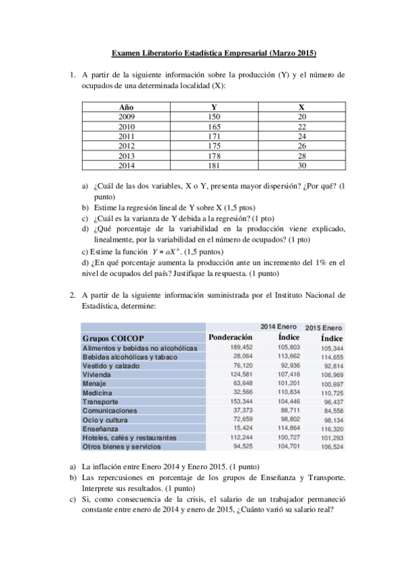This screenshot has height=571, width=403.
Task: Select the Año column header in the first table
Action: (126, 107)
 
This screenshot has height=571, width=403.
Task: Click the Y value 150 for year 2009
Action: (214, 116)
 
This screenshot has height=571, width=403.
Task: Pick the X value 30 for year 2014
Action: (301, 165)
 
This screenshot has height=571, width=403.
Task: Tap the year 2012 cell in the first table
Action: (126, 145)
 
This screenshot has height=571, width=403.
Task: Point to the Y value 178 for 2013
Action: (214, 156)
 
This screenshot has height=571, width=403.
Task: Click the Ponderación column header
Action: (230, 337)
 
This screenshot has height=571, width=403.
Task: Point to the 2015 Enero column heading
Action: (324, 327)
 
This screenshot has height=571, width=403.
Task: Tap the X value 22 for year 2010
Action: (301, 127)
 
